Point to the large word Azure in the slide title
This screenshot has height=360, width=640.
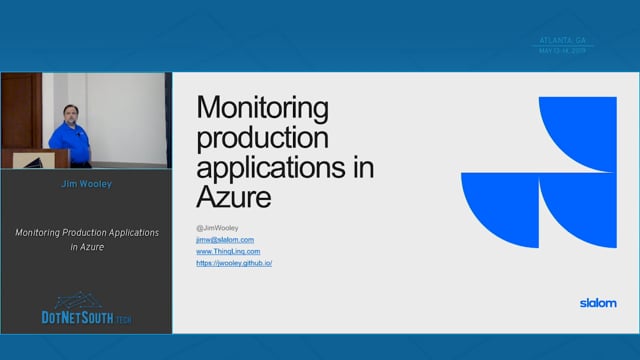coord(234,196)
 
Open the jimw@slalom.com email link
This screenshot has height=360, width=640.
coord(225,240)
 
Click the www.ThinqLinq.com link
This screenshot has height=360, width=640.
coord(228,251)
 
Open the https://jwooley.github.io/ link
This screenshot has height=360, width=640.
coord(234,263)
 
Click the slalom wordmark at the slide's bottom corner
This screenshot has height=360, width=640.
coord(598,302)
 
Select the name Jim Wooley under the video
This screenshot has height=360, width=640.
coord(86,185)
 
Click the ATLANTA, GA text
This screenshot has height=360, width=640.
coord(563,40)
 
